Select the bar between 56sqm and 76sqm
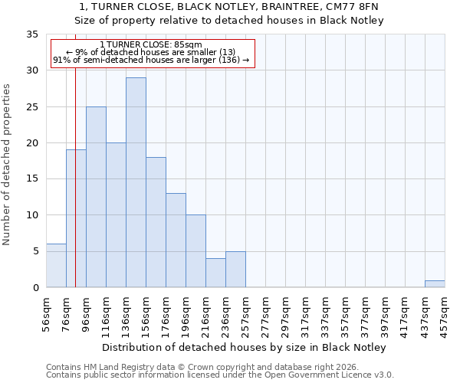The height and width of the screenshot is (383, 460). point(56,265)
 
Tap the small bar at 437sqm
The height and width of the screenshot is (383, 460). point(435,283)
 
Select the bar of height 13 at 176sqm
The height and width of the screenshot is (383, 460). point(176,240)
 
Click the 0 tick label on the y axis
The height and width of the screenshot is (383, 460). point(34,287)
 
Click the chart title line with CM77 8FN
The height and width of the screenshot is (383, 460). point(228,7)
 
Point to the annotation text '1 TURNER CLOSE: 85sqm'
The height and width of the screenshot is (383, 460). point(151,45)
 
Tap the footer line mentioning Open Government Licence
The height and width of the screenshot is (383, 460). point(220,375)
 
